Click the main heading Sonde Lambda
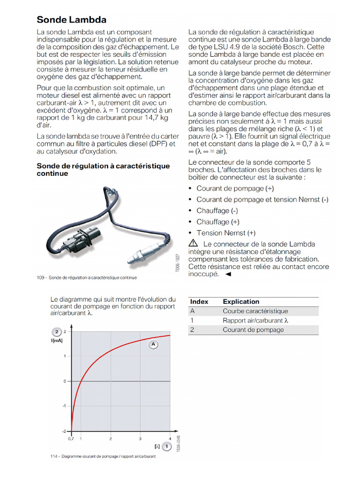pos(71,20)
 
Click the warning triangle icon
pos(193,243)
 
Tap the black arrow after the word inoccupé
pos(228,275)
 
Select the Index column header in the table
pos(199,302)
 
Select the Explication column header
pos(241,302)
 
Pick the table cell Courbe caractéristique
pos(255,311)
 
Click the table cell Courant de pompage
pos(253,330)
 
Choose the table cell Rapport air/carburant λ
pos(255,321)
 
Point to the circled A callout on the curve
pos(153,345)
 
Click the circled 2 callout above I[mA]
pos(56,332)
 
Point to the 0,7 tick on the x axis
pos(71,439)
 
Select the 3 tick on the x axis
pos(140,439)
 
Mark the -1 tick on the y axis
pos(64,406)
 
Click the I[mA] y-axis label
pos(57,340)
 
